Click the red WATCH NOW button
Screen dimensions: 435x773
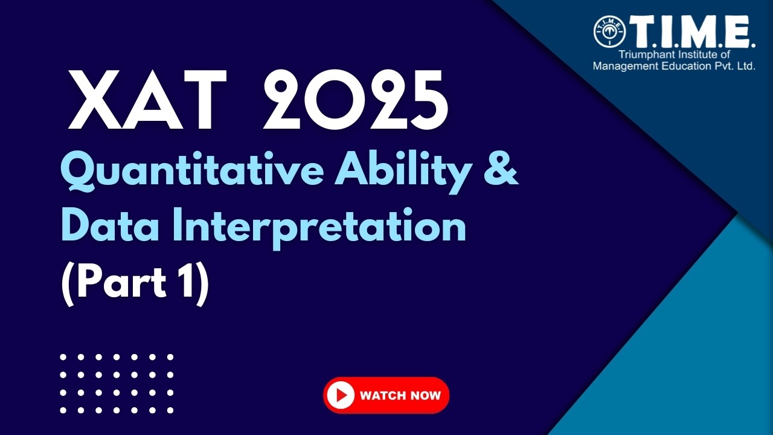click(386, 396)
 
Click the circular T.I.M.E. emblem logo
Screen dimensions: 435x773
click(610, 31)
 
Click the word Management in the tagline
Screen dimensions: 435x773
click(624, 66)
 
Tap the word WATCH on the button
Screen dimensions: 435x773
click(381, 396)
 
